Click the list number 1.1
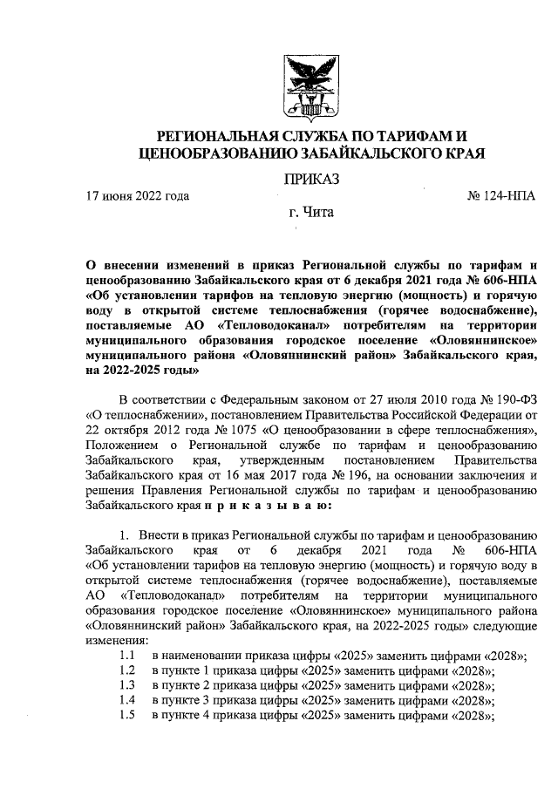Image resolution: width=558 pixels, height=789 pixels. [127, 656]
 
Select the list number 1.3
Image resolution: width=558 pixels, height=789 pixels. [127, 686]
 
